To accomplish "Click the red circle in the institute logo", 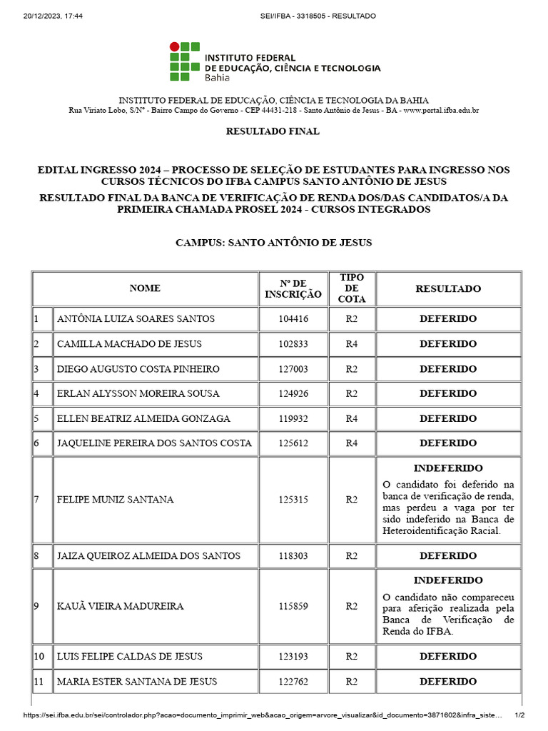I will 174,47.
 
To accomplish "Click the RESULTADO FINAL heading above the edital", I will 273,131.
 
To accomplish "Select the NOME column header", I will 145,288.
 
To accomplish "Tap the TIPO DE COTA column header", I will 351,288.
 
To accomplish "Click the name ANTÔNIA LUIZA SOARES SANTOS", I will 136,319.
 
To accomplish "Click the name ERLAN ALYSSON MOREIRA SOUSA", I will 138,393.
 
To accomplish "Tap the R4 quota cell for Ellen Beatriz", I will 351,418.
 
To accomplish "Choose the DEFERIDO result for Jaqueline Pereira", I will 448,443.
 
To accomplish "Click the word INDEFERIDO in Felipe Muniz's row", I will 448,468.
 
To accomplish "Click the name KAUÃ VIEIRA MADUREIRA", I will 120,606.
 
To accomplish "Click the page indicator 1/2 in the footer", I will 519,715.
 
